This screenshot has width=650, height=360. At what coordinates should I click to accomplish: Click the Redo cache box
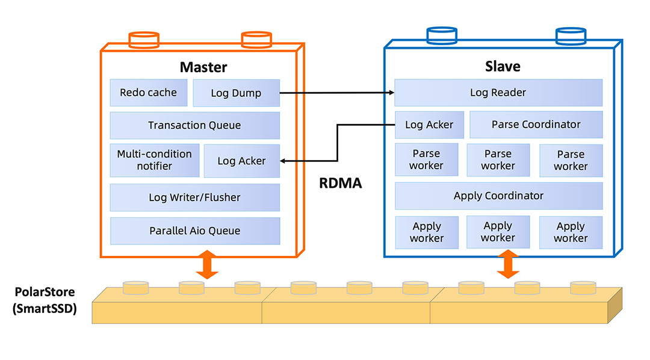tap(148, 93)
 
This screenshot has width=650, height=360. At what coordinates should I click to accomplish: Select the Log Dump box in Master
tap(236, 93)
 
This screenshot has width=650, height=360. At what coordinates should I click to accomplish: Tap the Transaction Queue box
tap(194, 125)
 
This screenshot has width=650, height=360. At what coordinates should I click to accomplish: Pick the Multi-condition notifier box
tap(154, 160)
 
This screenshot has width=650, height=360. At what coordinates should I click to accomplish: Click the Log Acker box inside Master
tap(241, 161)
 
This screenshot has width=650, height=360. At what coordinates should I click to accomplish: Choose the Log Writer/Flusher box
tap(194, 197)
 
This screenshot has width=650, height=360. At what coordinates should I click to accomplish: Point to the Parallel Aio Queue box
tap(194, 231)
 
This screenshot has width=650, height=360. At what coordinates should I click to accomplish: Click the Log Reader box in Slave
tap(498, 93)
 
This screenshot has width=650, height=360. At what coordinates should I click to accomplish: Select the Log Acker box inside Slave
tap(429, 125)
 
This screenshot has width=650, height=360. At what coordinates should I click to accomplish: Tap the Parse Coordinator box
tap(536, 125)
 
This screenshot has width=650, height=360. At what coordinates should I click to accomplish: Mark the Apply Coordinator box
tap(498, 196)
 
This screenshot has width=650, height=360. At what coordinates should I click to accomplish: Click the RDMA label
tap(341, 184)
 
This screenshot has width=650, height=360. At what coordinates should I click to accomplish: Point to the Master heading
tap(203, 67)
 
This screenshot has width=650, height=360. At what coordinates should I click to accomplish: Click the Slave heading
tap(503, 67)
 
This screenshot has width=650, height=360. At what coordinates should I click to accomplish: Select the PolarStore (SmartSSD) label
tap(45, 301)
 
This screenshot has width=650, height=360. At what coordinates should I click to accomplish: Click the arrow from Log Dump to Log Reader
tap(337, 93)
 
